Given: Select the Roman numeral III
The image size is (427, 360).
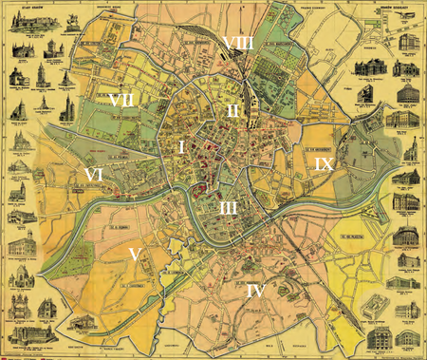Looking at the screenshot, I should click(x=227, y=206).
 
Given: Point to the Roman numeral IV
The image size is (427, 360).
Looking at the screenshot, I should click(x=253, y=291).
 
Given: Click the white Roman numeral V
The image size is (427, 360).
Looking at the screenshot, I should click(x=135, y=254).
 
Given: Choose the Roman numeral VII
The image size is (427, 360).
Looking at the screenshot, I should click(x=121, y=99).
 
